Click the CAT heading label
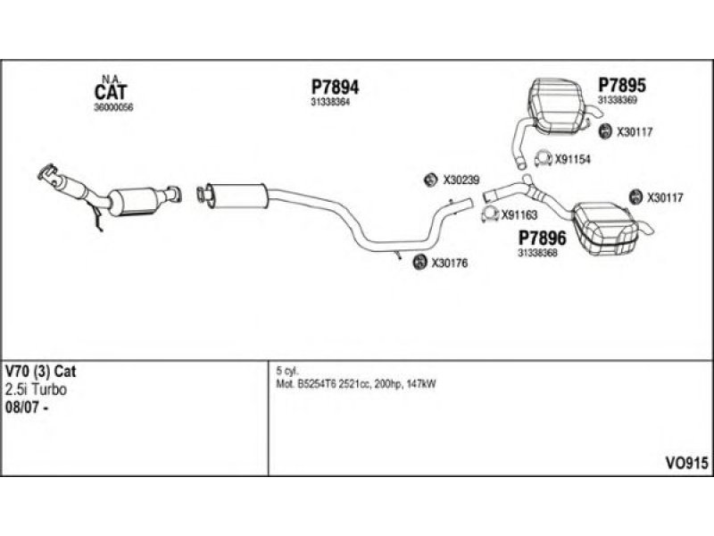click(x=111, y=92)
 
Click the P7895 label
click(x=621, y=86)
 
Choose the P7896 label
click(x=542, y=239)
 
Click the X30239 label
click(x=461, y=180)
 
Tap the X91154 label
click(x=573, y=160)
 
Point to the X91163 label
click(x=519, y=214)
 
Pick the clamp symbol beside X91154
click(x=541, y=160)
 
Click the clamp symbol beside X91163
click(x=487, y=214)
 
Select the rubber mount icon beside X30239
click(x=429, y=180)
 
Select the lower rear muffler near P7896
click(x=606, y=222)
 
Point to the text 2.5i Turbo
click(x=37, y=390)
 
